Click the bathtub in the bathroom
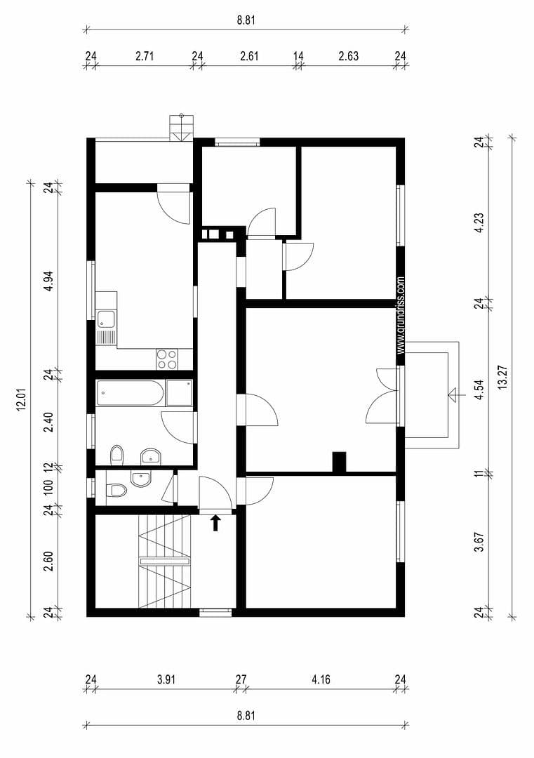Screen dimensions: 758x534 [x=131, y=393]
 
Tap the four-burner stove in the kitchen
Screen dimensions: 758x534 [x=166, y=359]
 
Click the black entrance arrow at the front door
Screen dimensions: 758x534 [x=216, y=522]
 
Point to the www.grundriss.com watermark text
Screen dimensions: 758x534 [x=401, y=314]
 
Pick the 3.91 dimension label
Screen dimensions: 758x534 [x=166, y=679]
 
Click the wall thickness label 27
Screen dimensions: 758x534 [x=241, y=679]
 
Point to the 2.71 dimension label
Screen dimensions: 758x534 [x=145, y=56]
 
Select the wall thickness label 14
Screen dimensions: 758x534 [x=298, y=56]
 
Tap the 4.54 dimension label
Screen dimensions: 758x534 [x=479, y=390]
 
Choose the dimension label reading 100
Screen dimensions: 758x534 [x=48, y=486]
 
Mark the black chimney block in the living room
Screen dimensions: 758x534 [x=339, y=461]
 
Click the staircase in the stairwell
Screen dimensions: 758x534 [x=165, y=561]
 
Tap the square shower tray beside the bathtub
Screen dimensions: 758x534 [x=178, y=393]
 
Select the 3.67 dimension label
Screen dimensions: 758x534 [x=479, y=541]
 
